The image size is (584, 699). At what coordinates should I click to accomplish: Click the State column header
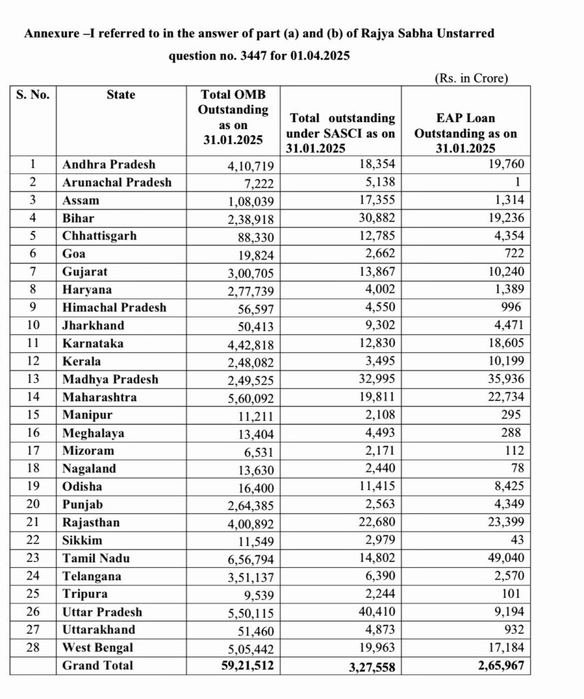121,95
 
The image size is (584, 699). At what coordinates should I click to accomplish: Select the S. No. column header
33,95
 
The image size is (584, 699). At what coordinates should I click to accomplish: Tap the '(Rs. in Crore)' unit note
471,79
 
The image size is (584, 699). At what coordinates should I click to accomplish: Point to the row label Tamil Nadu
96,558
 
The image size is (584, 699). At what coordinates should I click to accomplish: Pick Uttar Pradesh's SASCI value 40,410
374,612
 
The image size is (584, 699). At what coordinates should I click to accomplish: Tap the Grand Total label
98,665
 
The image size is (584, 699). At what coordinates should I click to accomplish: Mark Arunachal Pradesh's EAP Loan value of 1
518,183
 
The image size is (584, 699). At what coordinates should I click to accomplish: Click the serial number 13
33,379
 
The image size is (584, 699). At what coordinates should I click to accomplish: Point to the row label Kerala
81,361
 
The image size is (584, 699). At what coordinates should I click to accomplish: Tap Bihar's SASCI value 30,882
374,218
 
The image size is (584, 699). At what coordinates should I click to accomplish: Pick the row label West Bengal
98,647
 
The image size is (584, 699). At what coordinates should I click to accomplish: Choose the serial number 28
33,647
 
